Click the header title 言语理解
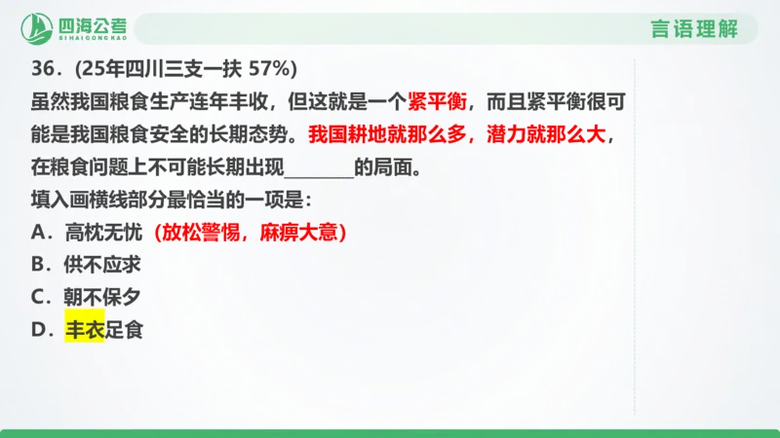[x=693, y=29]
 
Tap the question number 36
[x=42, y=70]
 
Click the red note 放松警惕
[x=202, y=233]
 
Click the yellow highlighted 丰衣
[x=85, y=330]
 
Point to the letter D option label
[x=41, y=330]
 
